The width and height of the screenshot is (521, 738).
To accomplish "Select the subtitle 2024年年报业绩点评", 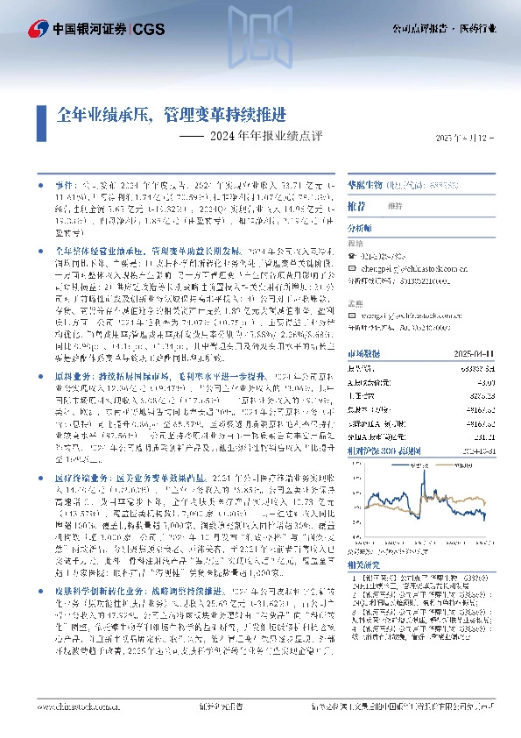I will coord(254,137).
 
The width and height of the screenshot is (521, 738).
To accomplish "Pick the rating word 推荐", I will coord(356,204).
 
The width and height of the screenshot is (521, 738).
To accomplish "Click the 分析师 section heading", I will coord(361,226).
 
